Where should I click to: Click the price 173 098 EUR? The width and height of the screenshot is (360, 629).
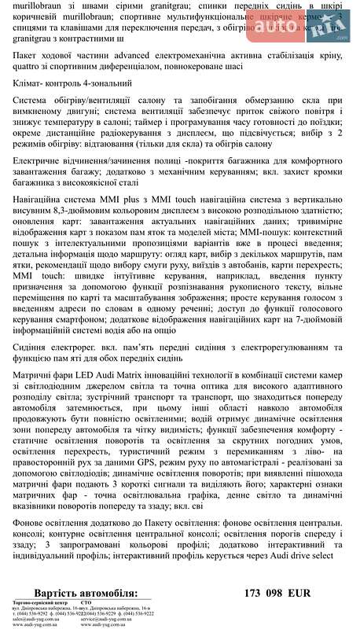pos(278,593)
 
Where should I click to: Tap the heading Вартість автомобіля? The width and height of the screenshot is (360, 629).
pos(86,593)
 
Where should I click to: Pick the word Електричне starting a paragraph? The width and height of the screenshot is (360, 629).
pos(41,161)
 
